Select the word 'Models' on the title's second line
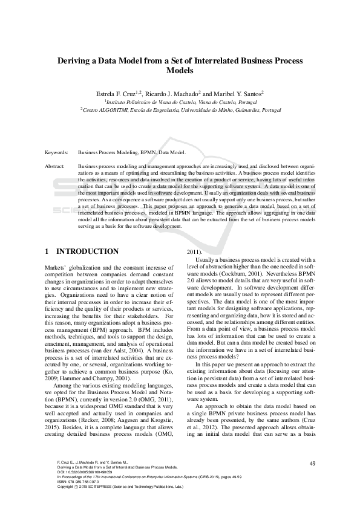click(180, 71)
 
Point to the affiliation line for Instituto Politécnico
click(180, 103)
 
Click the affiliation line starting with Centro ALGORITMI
click(180, 111)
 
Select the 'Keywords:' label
click(56, 154)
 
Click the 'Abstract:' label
click(55, 166)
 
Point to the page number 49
click(312, 464)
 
